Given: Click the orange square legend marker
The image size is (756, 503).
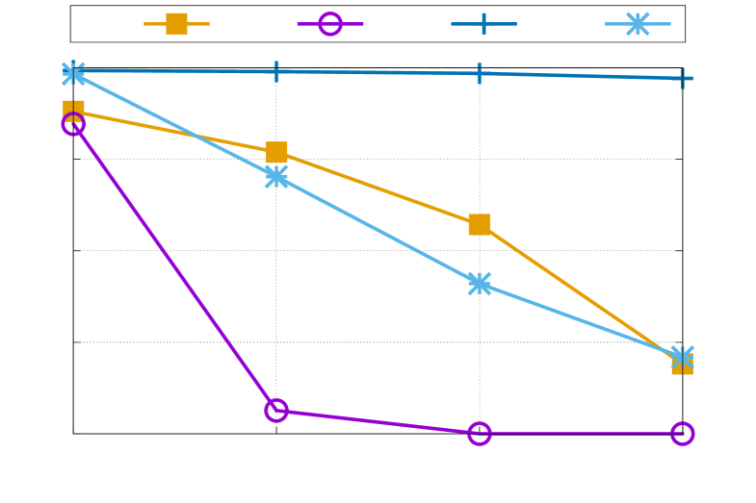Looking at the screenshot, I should (x=176, y=23).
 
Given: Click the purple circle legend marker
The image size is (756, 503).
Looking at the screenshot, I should (x=330, y=23).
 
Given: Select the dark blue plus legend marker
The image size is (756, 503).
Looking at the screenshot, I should (x=483, y=23).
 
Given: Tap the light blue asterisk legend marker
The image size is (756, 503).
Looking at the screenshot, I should (x=637, y=23).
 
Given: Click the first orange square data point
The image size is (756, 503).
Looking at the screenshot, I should (x=73, y=111).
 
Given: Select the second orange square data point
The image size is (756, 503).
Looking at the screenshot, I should (x=276, y=152).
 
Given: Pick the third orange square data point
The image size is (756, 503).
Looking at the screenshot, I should (x=480, y=224).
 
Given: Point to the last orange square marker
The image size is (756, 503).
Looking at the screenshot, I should (x=682, y=365).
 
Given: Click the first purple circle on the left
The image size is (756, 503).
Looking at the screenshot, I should (x=73, y=123).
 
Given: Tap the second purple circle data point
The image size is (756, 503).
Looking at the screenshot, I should (x=276, y=411).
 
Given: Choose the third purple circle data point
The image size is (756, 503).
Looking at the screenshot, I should (x=480, y=434).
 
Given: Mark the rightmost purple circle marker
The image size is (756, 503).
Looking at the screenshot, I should (x=682, y=434).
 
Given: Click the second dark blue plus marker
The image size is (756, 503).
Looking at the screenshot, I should (x=276, y=71).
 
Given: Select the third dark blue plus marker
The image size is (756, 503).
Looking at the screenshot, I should (x=480, y=73).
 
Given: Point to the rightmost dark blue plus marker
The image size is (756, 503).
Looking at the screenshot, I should (x=682, y=78).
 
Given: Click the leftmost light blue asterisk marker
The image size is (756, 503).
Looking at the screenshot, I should (x=73, y=73).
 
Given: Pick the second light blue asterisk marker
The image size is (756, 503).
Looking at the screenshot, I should (x=276, y=176).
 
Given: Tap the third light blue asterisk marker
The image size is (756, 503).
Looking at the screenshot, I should (x=480, y=284).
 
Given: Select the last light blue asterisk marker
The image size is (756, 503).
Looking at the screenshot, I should (x=682, y=357).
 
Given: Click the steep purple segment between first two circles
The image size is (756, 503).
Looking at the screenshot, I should (x=174, y=266).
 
